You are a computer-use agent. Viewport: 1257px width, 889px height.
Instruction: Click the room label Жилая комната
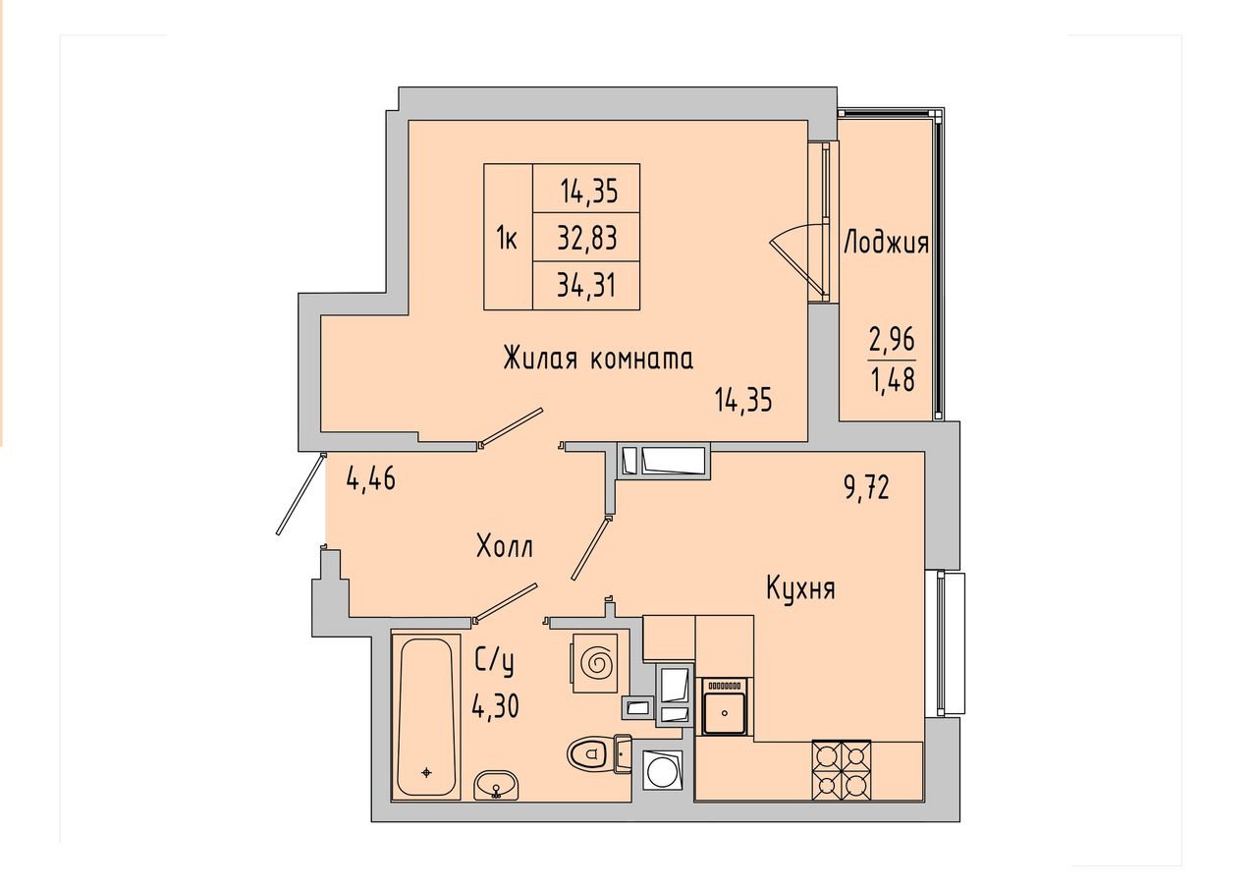tap(598, 359)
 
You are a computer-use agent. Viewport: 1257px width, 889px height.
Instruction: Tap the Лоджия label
tap(887, 243)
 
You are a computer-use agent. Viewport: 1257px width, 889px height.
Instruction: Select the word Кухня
tap(800, 589)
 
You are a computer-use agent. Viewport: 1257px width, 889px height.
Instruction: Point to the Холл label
tap(505, 546)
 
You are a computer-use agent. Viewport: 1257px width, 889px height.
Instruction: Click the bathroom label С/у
tap(494, 663)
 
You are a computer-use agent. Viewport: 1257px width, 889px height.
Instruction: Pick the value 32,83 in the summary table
tap(587, 238)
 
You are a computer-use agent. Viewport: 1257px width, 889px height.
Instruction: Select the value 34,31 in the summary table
tap(587, 285)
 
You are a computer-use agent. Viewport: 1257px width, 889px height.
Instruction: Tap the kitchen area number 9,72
tap(867, 488)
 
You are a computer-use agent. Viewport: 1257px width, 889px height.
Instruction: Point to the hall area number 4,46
tap(371, 479)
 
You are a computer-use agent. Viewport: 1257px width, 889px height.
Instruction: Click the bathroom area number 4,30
tap(496, 706)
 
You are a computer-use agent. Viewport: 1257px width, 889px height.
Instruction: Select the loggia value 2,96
tap(893, 340)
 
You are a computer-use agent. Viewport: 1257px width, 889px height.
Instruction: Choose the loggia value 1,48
tap(893, 379)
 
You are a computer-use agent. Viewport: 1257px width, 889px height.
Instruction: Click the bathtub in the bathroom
tap(425, 717)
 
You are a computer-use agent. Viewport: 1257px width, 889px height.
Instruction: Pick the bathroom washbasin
tap(496, 784)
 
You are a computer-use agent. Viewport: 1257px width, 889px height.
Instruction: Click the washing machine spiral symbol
tap(598, 663)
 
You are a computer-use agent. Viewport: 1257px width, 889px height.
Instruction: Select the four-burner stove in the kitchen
tap(842, 769)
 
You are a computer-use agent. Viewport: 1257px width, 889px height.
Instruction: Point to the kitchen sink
tap(725, 706)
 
